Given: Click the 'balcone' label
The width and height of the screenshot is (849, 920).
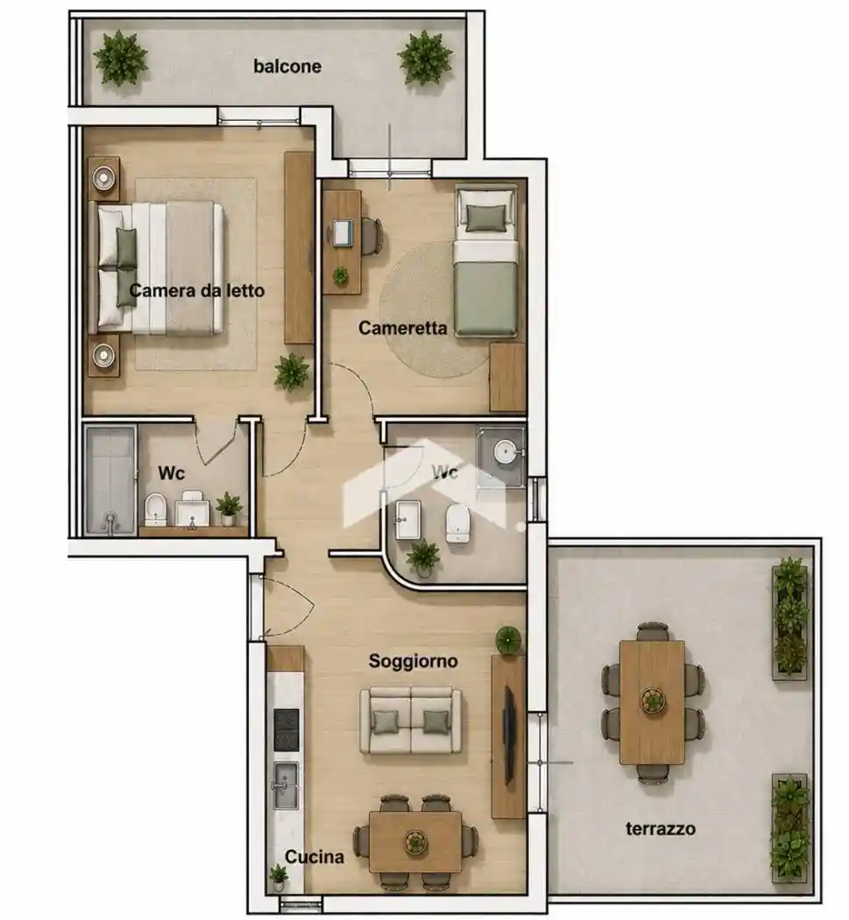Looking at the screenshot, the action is (287, 67).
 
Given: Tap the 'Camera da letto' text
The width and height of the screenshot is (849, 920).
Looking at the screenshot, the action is (196, 290).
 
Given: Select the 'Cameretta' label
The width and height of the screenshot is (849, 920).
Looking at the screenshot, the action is (402, 328).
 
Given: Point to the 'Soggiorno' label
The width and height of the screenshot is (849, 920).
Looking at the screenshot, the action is (413, 662).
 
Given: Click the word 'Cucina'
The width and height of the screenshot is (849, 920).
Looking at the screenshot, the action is (315, 857).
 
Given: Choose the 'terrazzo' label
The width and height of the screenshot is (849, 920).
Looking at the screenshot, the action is (661, 829).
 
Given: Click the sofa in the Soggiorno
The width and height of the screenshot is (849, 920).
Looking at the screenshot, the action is (411, 721).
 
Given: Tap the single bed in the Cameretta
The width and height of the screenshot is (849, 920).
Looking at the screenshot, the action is (486, 261).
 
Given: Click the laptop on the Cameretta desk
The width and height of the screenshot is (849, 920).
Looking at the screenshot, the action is (343, 233).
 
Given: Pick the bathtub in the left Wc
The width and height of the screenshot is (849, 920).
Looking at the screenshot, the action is (110, 480).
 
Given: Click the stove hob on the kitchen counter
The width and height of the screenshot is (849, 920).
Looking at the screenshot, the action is (287, 730).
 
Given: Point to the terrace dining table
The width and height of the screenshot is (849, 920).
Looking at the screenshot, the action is (653, 703).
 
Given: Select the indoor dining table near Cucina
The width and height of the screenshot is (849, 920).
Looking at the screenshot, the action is (415, 842).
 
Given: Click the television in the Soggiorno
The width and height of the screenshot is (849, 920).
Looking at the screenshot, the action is (509, 736).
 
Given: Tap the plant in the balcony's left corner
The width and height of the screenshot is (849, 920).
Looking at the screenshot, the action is (121, 58).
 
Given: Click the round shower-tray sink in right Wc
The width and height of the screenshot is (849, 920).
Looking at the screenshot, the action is (505, 452).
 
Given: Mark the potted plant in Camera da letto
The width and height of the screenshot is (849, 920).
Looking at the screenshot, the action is (292, 372).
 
